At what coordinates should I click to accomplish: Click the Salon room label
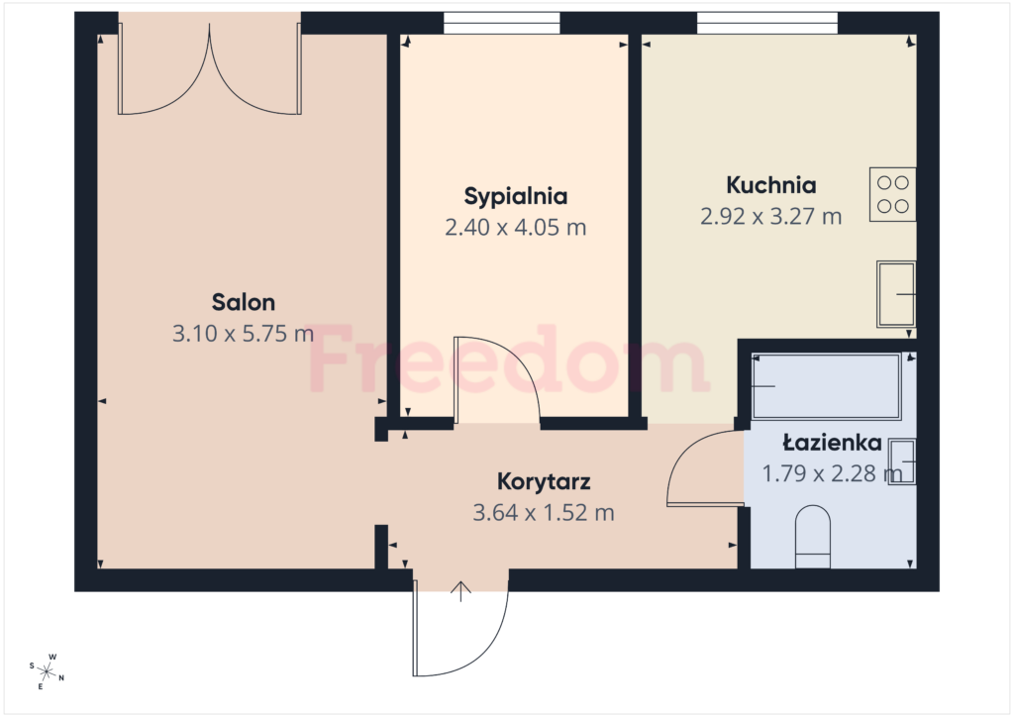(x=244, y=302)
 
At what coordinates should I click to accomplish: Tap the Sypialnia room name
(x=515, y=196)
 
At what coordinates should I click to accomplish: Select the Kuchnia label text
(x=770, y=185)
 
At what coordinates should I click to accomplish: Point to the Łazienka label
(x=832, y=443)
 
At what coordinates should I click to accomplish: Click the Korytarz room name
(x=544, y=481)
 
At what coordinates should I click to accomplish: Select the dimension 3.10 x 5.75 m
(x=244, y=334)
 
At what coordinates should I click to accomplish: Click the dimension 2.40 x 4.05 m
(x=515, y=228)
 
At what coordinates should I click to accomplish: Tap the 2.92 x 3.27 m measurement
(x=770, y=216)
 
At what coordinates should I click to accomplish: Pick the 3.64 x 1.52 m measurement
(x=544, y=513)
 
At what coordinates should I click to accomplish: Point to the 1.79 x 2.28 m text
(x=832, y=473)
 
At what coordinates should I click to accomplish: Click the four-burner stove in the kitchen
(x=892, y=195)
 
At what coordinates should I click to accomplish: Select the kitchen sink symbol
(x=895, y=294)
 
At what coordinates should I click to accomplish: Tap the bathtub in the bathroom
(x=827, y=386)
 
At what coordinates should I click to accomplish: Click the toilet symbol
(x=813, y=537)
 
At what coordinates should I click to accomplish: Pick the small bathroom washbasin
(x=901, y=461)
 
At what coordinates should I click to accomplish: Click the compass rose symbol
(x=47, y=671)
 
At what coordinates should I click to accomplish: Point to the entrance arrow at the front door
(x=460, y=591)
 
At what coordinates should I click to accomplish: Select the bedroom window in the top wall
(x=501, y=24)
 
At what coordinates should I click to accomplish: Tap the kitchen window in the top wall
(x=767, y=24)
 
